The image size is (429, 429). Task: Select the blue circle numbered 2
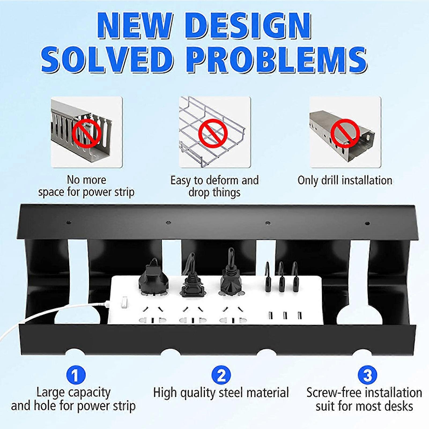pos(221,375)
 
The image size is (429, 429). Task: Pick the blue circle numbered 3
pos(367,375)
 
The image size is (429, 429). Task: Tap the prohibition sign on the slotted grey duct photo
pos(88,133)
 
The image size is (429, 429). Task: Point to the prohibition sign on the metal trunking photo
pos(345,133)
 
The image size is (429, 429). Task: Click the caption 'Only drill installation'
pos(345,180)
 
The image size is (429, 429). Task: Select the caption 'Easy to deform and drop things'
pos(214,186)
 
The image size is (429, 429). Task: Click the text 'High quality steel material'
pos(221,393)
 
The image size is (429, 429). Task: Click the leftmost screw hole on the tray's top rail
pos(69,223)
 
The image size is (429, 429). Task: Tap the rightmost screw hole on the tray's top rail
pos(367,223)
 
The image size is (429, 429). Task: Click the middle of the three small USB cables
pos(281,279)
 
